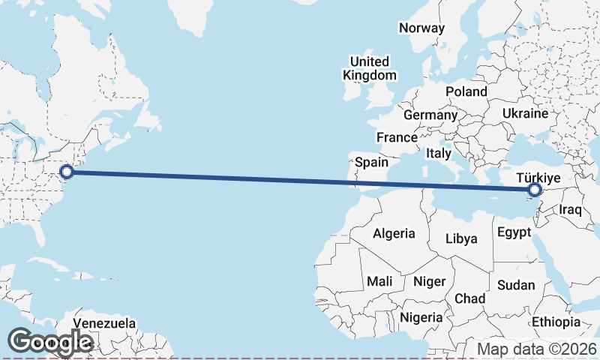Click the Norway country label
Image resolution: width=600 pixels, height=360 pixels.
(x=421, y=28)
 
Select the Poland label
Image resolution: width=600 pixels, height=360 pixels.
(x=466, y=91)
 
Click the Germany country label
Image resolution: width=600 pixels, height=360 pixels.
(x=430, y=115)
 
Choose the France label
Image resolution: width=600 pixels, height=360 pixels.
(x=397, y=138)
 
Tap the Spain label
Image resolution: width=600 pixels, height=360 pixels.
(x=371, y=162)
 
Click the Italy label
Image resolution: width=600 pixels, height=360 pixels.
(x=438, y=153)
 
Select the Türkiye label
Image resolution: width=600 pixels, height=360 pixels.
(x=539, y=178)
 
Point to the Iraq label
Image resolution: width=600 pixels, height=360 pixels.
(x=570, y=210)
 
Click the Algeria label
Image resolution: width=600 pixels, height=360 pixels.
(x=394, y=233)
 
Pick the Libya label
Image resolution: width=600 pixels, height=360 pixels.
(x=460, y=238)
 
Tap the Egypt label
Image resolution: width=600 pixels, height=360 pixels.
(x=514, y=232)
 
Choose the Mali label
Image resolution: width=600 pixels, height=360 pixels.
(x=379, y=281)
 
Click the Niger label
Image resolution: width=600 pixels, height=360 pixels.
(x=430, y=281)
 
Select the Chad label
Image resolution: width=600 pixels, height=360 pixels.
(x=470, y=298)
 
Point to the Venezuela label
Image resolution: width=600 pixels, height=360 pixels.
(x=104, y=323)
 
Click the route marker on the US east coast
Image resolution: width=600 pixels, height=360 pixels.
(x=67, y=172)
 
